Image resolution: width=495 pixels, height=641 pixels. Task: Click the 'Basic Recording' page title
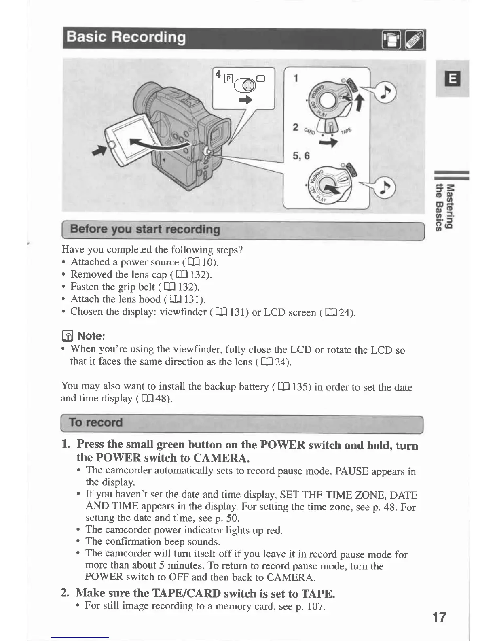click(x=126, y=38)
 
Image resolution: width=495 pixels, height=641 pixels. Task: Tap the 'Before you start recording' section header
click(x=145, y=229)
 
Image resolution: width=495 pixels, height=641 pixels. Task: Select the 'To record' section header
click(x=95, y=422)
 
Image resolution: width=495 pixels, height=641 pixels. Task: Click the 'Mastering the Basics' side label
click(x=444, y=206)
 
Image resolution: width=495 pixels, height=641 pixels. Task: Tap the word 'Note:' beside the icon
click(x=91, y=336)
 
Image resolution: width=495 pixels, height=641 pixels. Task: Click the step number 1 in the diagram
click(x=296, y=78)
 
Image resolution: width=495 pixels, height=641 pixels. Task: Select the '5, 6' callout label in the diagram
click(x=301, y=156)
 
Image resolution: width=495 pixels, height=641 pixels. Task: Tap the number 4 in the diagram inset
click(x=218, y=74)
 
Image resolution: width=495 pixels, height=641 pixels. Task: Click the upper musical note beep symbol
click(x=385, y=92)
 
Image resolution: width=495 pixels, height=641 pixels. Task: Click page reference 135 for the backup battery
click(x=300, y=387)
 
